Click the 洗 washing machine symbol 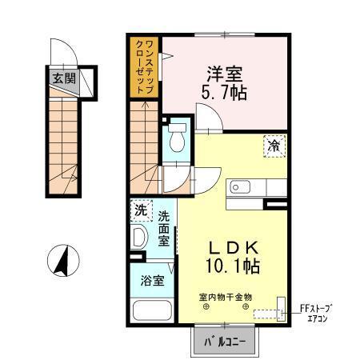[x=141, y=212]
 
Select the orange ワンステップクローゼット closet [x=145, y=67]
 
